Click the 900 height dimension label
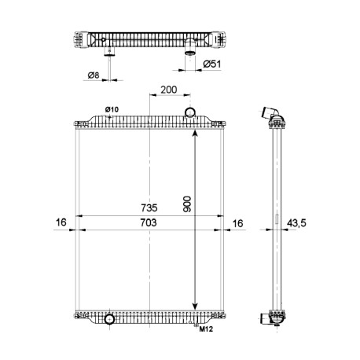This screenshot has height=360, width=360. point(187,204)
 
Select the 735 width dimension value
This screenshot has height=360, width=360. point(149,208)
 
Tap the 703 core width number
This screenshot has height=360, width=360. point(149,222)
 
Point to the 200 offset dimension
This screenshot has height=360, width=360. point(169,90)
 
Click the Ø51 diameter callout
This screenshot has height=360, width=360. point(212,64)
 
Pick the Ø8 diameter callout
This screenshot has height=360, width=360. point(94,75)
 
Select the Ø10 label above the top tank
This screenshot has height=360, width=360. point(112,109)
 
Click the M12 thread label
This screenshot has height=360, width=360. point(206,329)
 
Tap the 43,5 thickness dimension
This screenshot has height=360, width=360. point(296,223)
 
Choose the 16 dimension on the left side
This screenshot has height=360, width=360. point(61,222)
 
